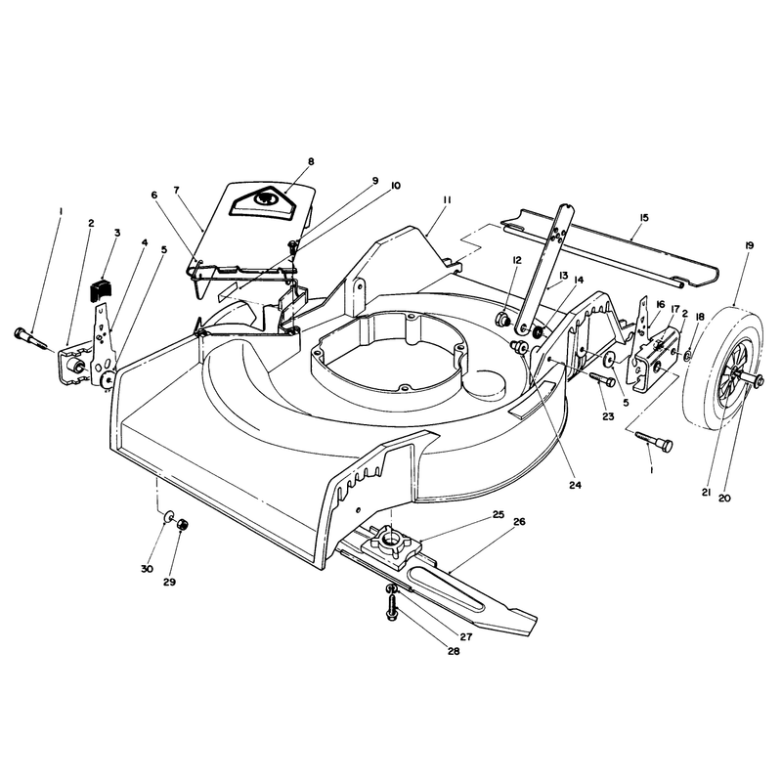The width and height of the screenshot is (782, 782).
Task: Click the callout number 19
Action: [749, 245]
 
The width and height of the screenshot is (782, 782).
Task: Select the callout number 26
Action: [519, 522]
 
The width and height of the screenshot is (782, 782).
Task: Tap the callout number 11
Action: [447, 199]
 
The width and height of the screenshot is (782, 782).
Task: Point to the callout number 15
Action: [643, 217]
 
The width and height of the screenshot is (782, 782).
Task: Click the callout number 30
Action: [147, 569]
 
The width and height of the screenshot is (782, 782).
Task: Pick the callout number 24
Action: [575, 485]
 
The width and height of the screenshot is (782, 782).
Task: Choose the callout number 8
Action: [311, 161]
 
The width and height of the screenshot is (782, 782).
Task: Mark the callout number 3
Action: [117, 233]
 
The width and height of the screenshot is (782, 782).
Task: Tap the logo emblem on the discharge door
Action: [261, 199]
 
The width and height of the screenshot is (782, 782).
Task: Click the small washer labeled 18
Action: [688, 356]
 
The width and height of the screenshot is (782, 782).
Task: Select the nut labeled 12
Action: [502, 318]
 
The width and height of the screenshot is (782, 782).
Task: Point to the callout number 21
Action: [706, 493]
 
